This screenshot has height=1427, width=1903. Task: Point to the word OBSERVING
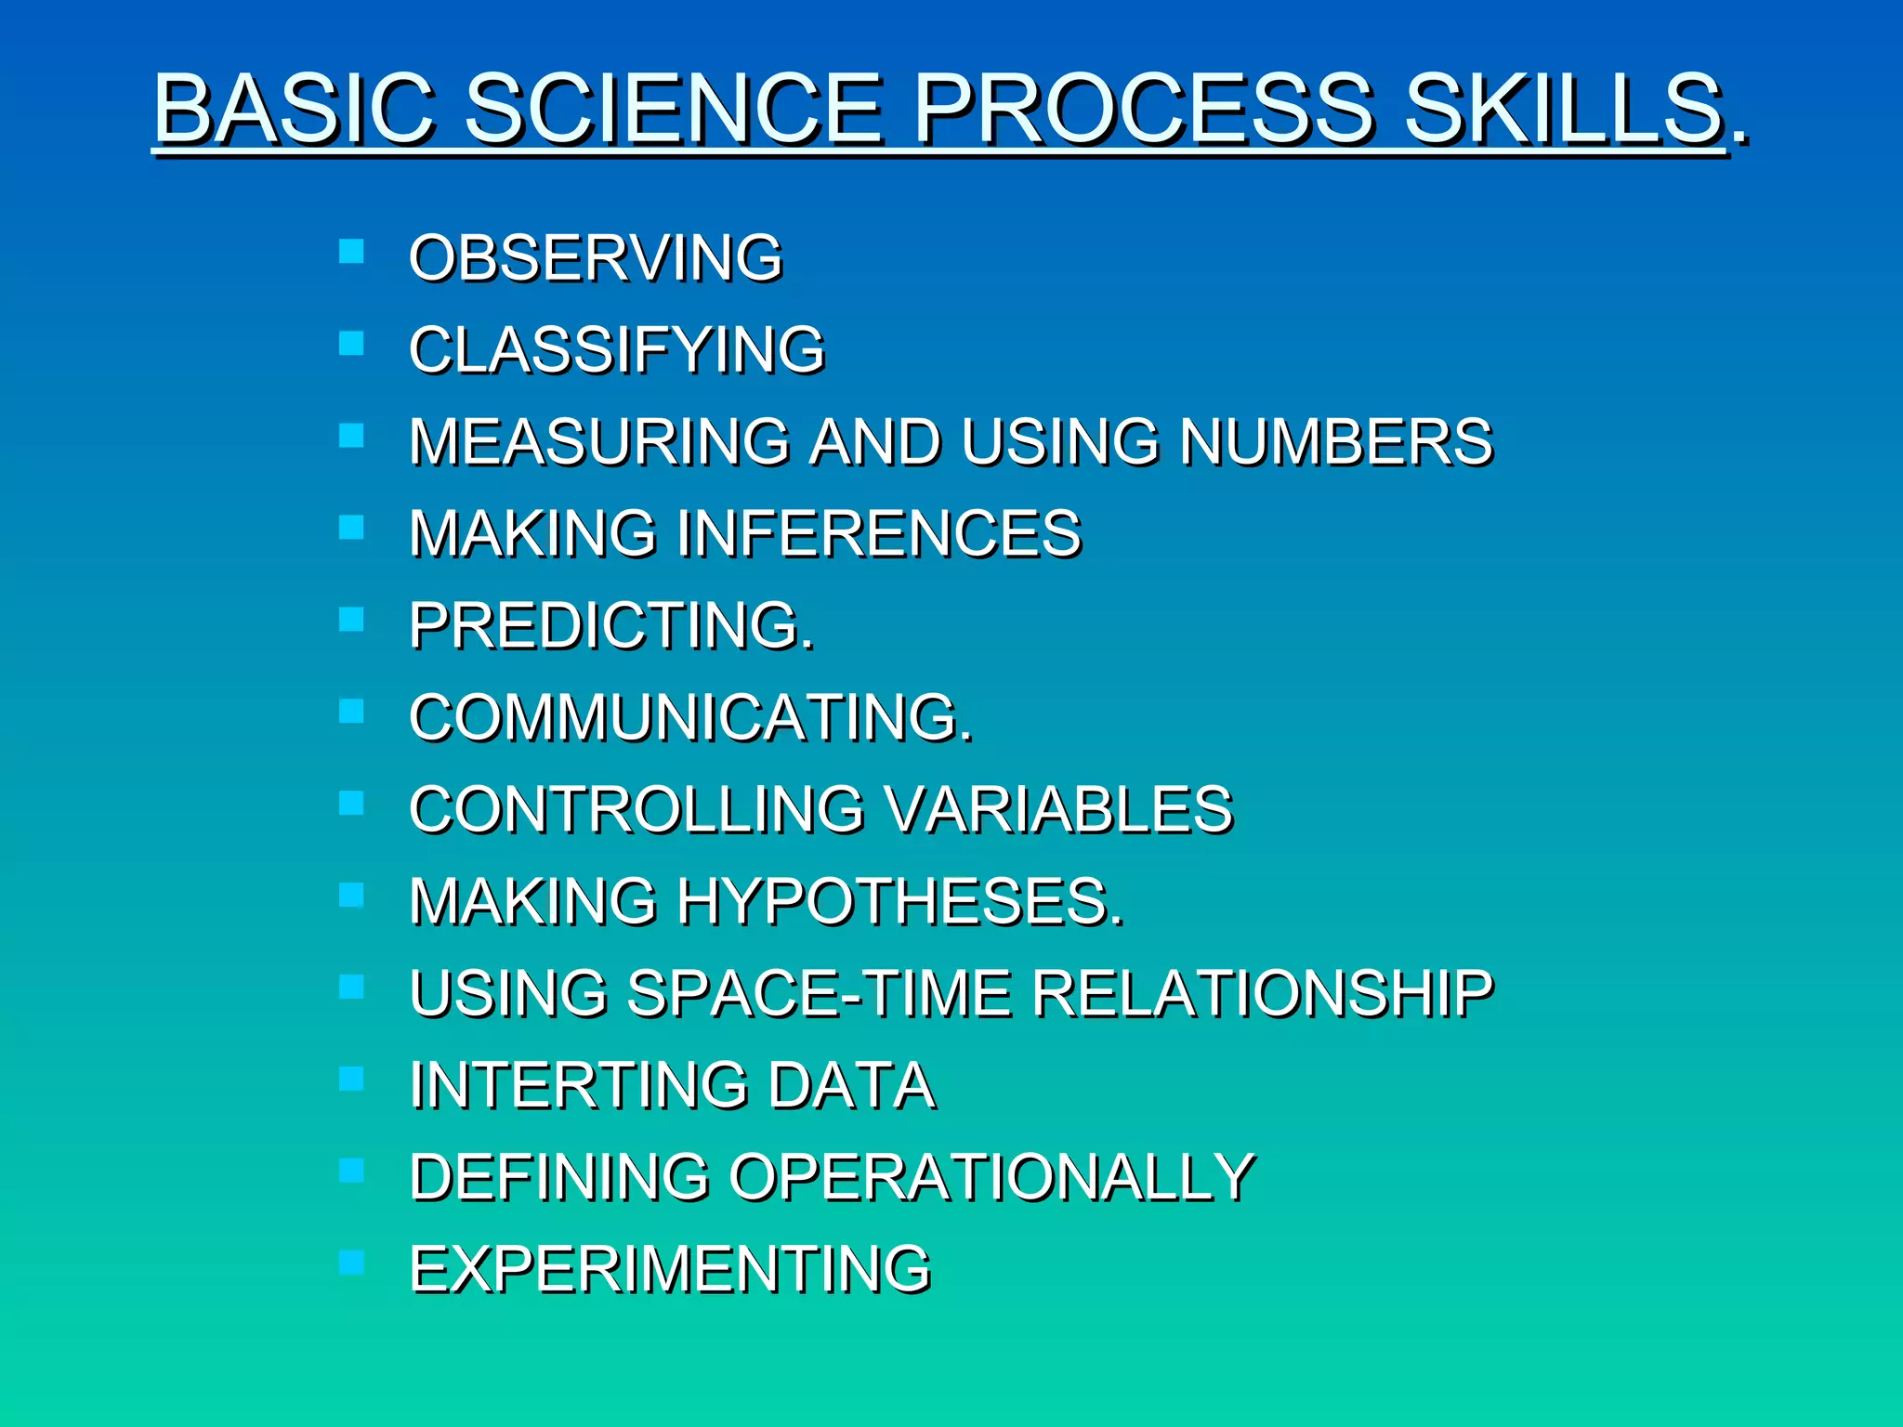click(596, 257)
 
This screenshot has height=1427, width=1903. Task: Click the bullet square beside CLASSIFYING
click(351, 344)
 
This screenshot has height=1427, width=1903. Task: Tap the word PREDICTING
click(610, 624)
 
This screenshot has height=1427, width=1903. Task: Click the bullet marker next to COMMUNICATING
click(351, 711)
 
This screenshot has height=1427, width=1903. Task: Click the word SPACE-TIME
click(819, 992)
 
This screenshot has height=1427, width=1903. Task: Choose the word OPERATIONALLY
click(991, 1176)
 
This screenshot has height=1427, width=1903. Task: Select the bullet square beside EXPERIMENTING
click(351, 1262)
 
